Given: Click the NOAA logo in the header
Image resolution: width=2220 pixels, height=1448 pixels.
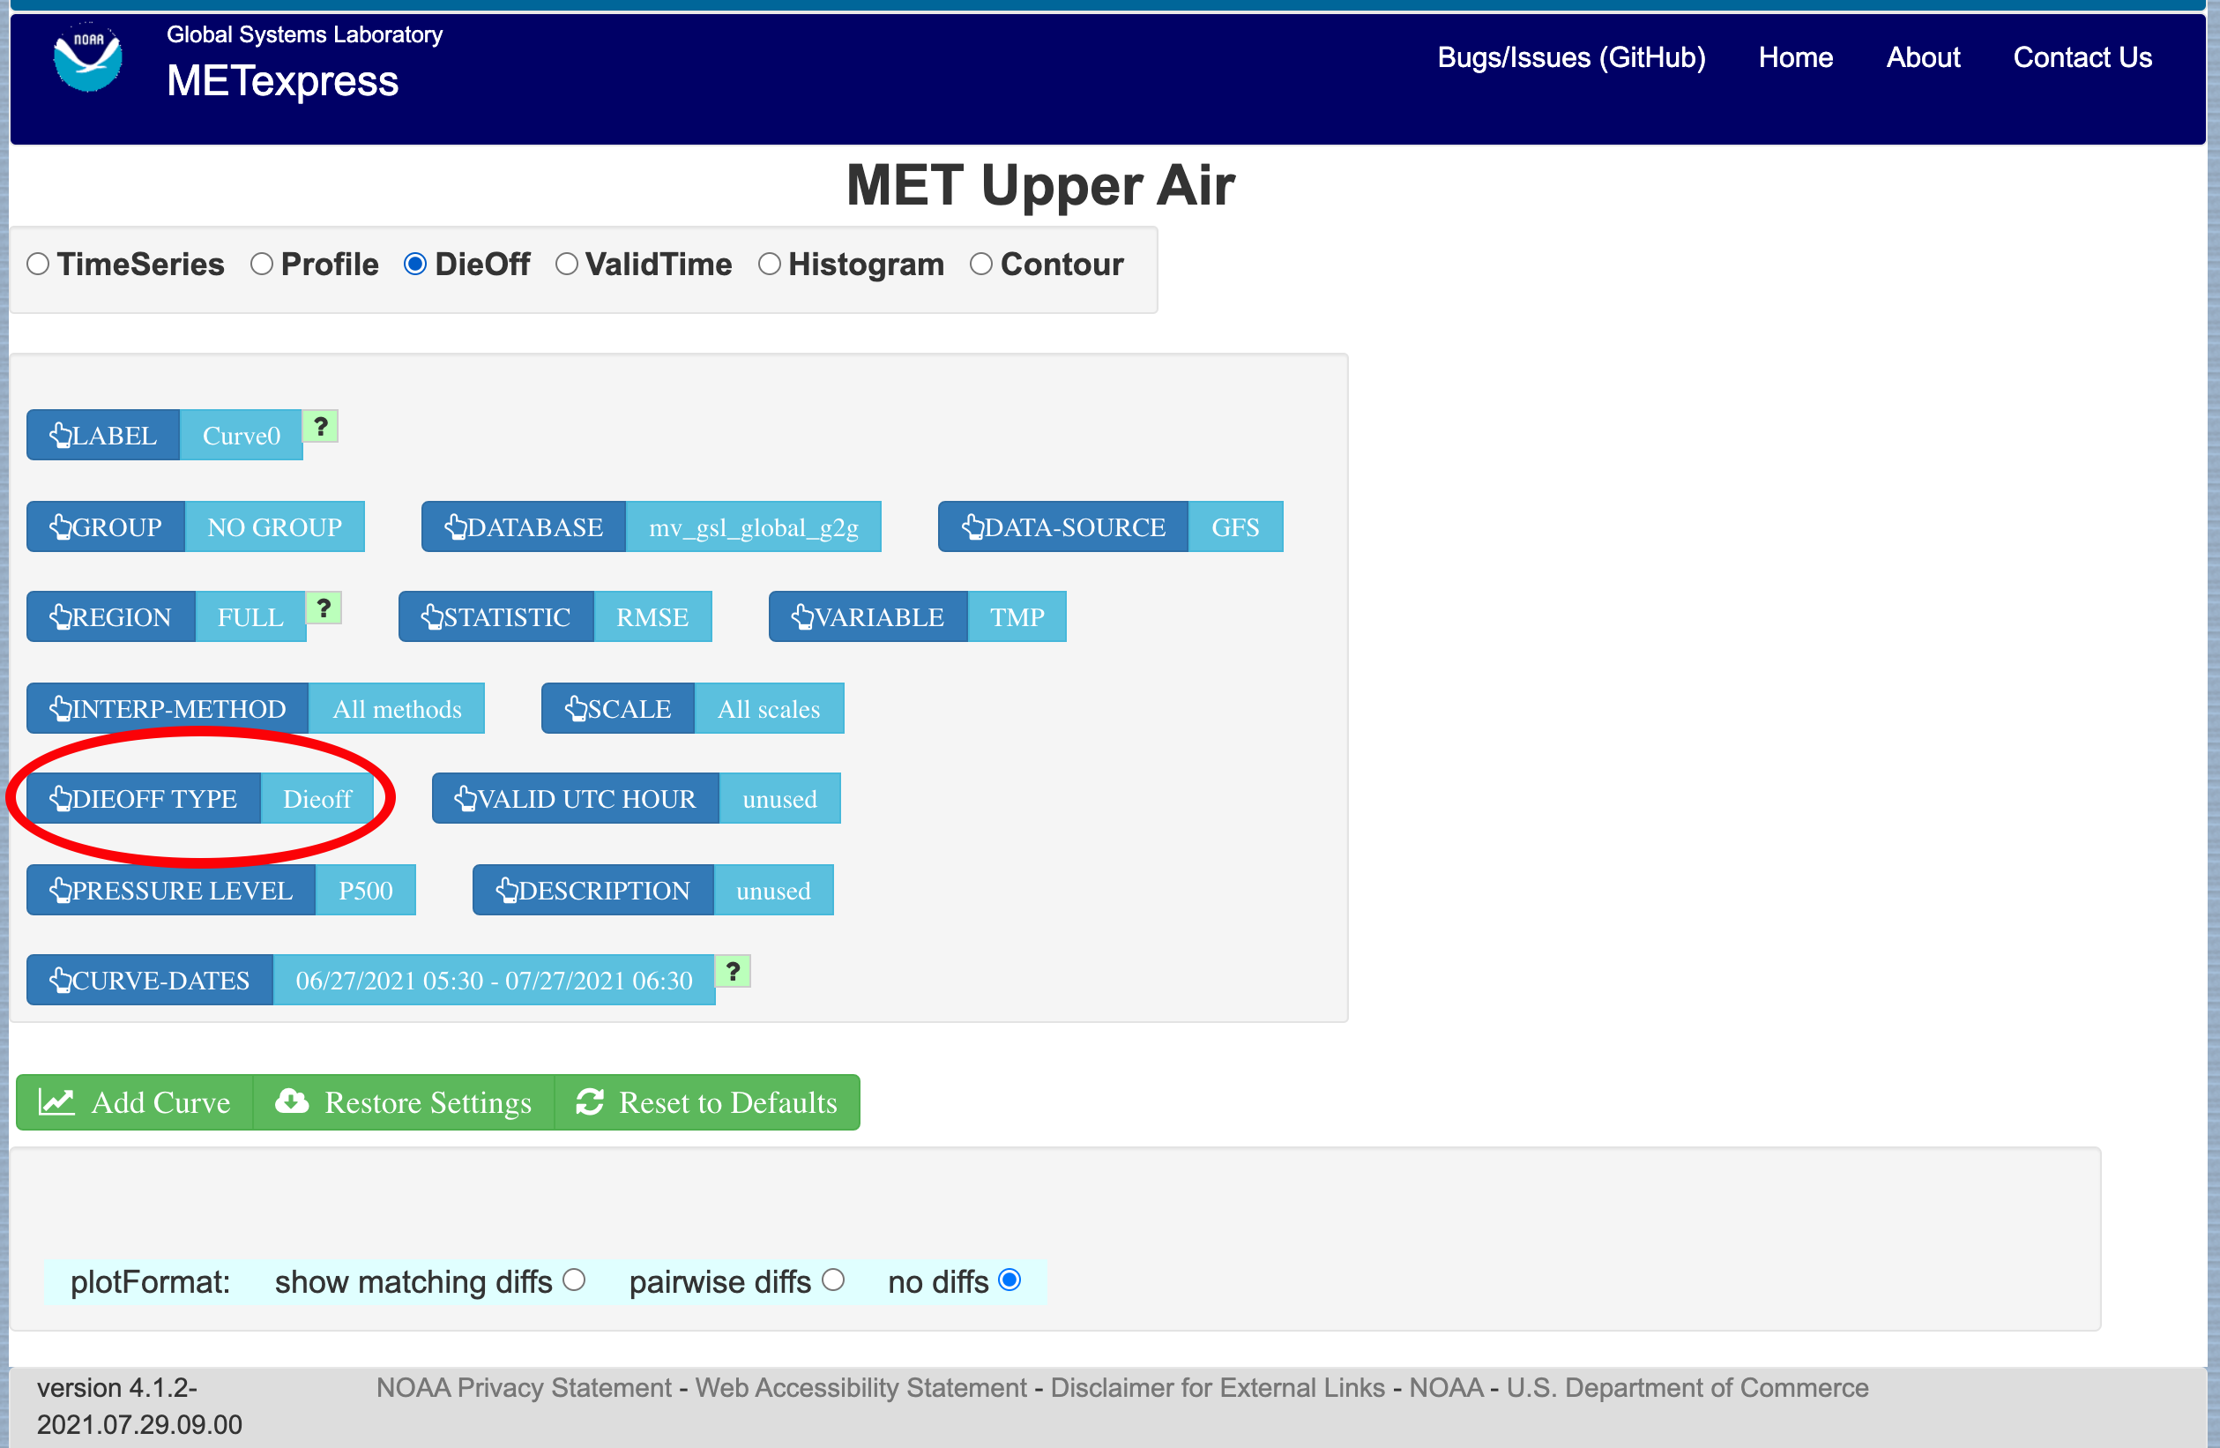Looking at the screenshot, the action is point(87,58).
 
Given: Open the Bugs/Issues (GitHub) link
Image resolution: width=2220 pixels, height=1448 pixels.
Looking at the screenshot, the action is point(1571,58).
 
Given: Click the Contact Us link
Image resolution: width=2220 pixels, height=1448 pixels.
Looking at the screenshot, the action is point(2082,58).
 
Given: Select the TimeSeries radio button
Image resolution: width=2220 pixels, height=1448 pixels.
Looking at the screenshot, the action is point(38,264).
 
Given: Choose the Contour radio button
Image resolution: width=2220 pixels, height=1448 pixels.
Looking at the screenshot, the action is point(980,264).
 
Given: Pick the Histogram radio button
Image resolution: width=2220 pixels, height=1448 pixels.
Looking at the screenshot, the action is point(770,264).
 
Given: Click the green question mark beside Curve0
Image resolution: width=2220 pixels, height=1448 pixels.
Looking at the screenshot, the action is point(321,427).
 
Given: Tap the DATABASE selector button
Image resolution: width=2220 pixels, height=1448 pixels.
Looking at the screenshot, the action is point(524,527).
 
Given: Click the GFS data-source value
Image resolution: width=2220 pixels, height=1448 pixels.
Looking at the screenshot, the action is point(1235,527).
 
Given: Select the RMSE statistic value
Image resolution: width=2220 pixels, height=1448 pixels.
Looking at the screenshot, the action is point(653,616).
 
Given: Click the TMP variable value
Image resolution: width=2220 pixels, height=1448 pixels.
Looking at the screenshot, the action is point(1017,616).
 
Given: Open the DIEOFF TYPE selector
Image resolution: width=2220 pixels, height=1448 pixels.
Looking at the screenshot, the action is point(144,799).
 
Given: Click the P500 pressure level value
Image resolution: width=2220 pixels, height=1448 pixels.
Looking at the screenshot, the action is point(366,890).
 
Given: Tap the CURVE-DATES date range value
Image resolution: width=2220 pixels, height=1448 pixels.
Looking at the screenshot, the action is point(495,981).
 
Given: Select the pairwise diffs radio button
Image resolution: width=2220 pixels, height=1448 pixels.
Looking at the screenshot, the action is point(834,1280).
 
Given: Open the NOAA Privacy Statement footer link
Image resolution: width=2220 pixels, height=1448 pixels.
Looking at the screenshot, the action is point(524,1388).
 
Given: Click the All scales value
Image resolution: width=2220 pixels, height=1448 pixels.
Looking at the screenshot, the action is point(770,708).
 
